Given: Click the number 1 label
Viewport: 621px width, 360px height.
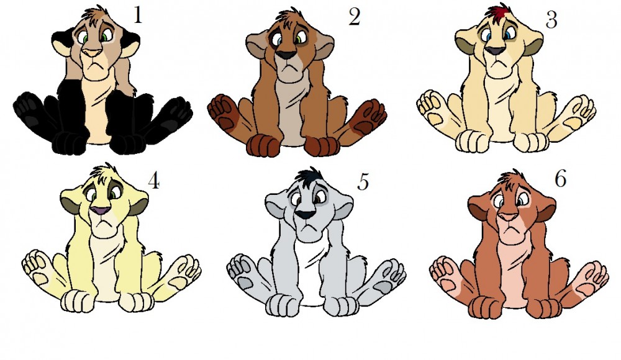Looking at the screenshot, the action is point(137,16).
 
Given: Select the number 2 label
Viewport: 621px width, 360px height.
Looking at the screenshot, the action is point(354,17).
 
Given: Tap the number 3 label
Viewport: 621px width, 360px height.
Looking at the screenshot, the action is point(551,20).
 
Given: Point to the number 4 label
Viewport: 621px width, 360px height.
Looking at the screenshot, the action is point(153,181).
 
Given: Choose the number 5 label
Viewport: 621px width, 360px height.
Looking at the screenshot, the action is point(363,182).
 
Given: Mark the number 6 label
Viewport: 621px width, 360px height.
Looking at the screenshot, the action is point(560,179).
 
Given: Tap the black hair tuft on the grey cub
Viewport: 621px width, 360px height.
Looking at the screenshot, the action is point(309,176).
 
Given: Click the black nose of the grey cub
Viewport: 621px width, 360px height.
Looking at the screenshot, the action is point(307,215).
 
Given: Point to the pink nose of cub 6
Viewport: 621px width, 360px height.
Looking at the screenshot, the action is point(509,217).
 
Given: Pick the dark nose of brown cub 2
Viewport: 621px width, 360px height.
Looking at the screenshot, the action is point(286,55).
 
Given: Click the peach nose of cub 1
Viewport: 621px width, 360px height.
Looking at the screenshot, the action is point(94,53).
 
